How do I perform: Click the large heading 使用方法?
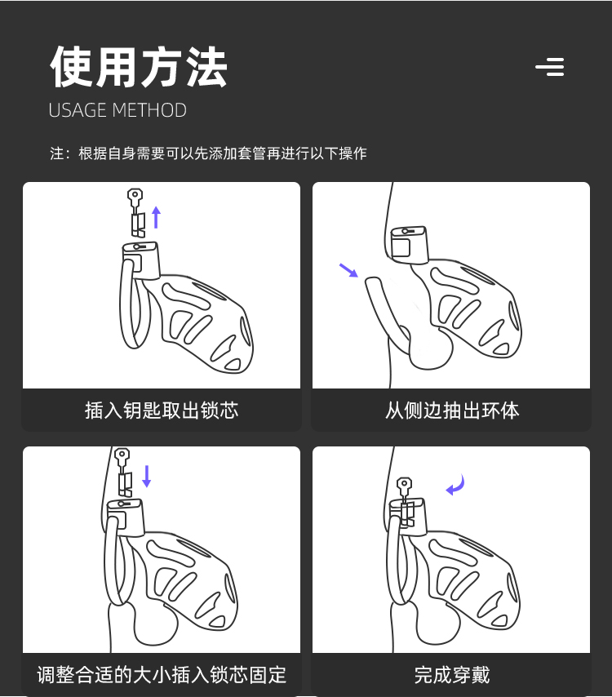(x=139, y=67)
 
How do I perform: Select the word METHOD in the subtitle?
(x=149, y=110)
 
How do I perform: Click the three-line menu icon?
(x=550, y=67)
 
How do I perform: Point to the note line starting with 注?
(x=208, y=153)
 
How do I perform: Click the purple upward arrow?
(x=156, y=217)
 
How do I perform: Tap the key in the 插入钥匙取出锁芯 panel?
(x=135, y=212)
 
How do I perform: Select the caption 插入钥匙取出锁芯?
(x=162, y=410)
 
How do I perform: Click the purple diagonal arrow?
(x=348, y=270)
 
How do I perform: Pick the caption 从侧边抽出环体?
(x=452, y=410)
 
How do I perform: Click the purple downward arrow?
(x=147, y=476)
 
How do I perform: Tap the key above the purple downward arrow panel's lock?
(x=122, y=472)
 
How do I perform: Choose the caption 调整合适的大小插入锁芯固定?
(x=162, y=674)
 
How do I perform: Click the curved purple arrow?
(x=455, y=486)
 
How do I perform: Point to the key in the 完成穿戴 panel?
(x=406, y=501)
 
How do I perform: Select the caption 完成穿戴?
(x=452, y=674)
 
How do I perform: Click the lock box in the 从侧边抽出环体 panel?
(x=409, y=245)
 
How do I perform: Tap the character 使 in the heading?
(x=72, y=67)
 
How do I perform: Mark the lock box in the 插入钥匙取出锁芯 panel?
(x=141, y=260)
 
